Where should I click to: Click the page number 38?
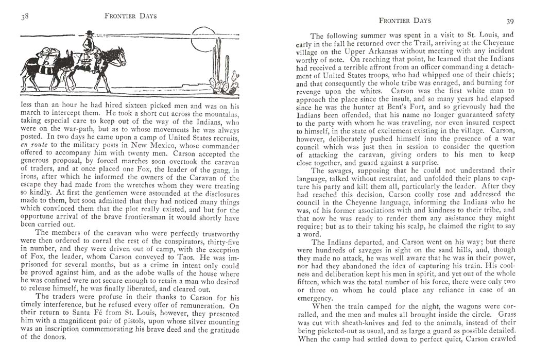[x=24, y=16]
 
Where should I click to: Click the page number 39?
[x=510, y=21]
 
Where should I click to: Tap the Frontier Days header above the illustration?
[x=130, y=16]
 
